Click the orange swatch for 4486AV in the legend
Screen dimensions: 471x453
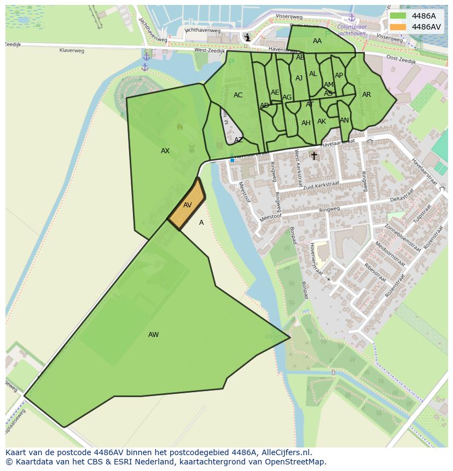coord(398,27)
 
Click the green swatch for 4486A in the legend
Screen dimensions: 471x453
coord(398,16)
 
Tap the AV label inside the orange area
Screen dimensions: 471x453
coord(188,205)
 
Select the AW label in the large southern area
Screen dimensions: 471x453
coord(153,335)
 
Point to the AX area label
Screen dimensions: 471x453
coord(165,151)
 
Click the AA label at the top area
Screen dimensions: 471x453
coord(317,41)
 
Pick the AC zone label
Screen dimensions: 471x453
coord(238,95)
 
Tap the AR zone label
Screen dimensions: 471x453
coord(367,95)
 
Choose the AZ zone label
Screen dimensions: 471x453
coord(239,140)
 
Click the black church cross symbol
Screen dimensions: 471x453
coord(314,156)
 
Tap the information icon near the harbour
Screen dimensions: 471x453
coord(248,37)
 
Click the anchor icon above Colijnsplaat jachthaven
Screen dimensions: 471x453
coord(352,18)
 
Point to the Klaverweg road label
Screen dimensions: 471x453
coord(72,50)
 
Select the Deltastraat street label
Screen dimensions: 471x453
coord(401,196)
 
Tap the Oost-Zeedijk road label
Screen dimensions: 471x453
coord(401,60)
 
